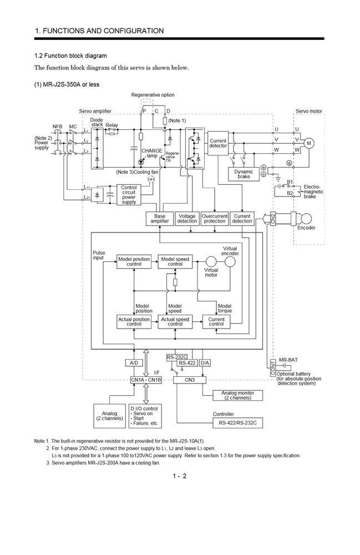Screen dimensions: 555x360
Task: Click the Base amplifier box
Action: point(159,219)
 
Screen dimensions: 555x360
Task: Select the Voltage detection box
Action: point(187,219)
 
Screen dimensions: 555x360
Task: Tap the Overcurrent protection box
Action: point(215,219)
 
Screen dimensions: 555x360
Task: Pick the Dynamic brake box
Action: point(244,174)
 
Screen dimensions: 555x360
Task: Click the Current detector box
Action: point(218,144)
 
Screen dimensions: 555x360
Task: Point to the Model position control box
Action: point(134,261)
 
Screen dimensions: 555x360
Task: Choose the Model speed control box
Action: point(175,261)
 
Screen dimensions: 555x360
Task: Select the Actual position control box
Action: point(134,321)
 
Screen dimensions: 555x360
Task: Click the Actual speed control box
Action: point(175,321)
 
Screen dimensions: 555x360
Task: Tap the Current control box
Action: point(216,321)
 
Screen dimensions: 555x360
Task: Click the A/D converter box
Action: point(134,363)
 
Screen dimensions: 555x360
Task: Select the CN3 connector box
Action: point(189,380)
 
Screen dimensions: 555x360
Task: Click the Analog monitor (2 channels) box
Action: point(237,395)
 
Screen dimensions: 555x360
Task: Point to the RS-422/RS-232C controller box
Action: point(237,422)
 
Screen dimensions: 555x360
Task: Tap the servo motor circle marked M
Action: point(310,143)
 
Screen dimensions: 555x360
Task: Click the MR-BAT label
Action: point(288,360)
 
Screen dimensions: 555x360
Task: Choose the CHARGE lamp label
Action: point(151,153)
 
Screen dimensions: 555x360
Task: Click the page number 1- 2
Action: point(180,476)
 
